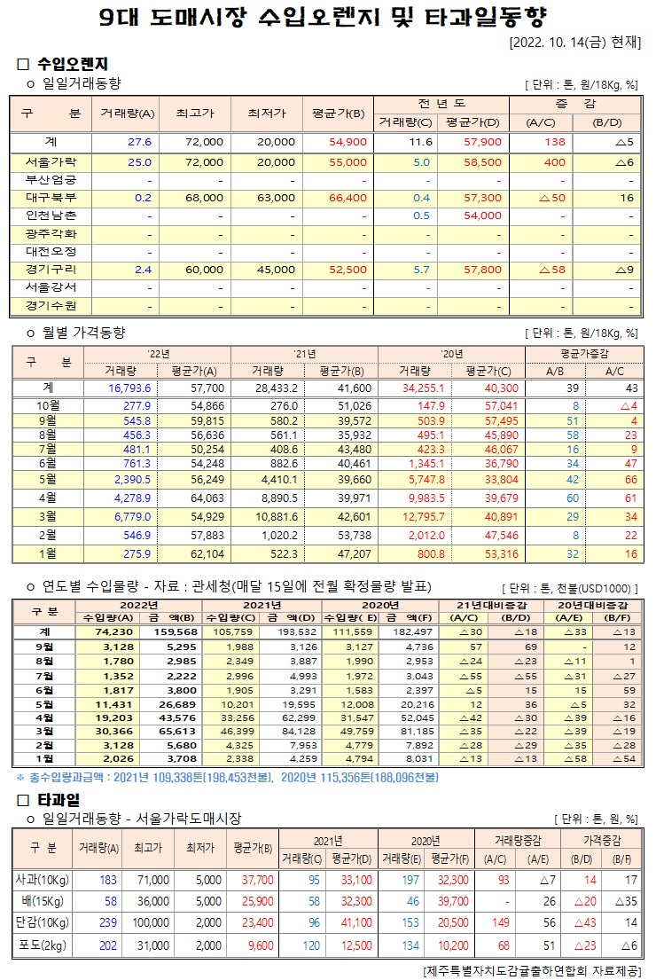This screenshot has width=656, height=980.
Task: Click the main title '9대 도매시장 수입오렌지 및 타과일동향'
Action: [328, 17]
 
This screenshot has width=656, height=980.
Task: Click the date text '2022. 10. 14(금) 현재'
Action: [575, 43]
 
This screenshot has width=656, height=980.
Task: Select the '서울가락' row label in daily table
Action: [51, 162]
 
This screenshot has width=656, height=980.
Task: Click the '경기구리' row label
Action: [51, 270]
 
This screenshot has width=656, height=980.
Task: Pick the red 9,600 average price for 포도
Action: [256, 945]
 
